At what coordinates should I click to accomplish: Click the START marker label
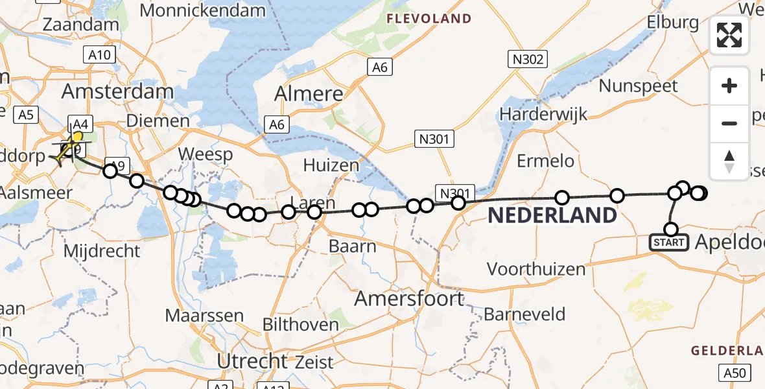[670, 243]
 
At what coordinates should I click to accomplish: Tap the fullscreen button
[729, 35]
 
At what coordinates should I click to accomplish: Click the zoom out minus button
[729, 123]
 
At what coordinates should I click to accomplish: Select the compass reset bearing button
[729, 161]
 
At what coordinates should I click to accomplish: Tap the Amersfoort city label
[410, 299]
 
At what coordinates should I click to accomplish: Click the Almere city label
[309, 94]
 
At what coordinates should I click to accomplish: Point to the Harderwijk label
[543, 114]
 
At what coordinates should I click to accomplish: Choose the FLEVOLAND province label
[429, 19]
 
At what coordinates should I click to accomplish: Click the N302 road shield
[527, 60]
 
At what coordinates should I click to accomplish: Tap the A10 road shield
[99, 55]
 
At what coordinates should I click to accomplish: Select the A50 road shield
[735, 373]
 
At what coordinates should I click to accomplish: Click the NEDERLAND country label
[552, 215]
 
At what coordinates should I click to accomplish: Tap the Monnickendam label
[202, 10]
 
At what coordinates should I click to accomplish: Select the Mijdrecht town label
[102, 251]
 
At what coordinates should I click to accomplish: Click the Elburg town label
[673, 23]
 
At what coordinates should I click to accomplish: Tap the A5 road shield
[25, 115]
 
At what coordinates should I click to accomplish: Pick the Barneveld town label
[524, 314]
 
